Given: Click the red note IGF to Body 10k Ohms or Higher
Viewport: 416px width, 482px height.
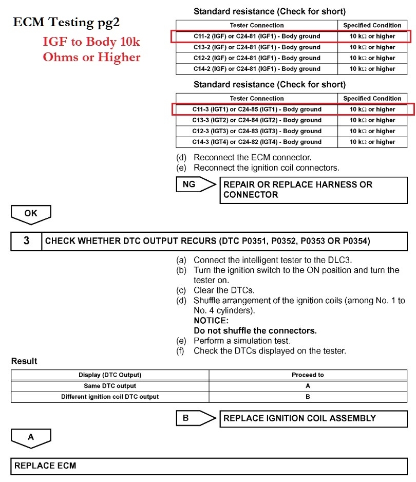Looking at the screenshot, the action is [x=91, y=50].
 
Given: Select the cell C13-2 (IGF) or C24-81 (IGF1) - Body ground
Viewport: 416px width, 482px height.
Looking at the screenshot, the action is [x=256, y=47].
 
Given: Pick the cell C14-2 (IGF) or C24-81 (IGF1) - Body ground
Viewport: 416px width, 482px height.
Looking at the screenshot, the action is [x=256, y=69].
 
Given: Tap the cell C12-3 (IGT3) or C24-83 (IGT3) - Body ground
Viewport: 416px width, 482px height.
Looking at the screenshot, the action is [x=256, y=131].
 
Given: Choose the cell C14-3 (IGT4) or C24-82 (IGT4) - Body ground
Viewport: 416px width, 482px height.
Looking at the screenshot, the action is [x=256, y=142].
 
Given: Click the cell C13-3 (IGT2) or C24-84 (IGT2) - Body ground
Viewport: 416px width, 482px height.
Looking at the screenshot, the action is [x=256, y=120].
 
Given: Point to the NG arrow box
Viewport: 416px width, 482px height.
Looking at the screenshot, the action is [x=195, y=184].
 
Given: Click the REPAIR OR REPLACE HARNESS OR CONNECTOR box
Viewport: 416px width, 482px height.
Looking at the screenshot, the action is [x=313, y=190].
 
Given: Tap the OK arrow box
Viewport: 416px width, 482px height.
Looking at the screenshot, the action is [x=31, y=214].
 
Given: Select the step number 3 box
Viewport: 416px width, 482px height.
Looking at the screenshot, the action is [x=26, y=240].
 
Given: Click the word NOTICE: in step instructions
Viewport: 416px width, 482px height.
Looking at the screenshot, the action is [x=211, y=321].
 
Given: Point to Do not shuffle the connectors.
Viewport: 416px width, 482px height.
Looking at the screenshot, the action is [x=255, y=330].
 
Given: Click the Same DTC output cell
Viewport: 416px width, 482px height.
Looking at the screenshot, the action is [x=110, y=386].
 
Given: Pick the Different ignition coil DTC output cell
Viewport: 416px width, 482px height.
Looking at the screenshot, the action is [x=110, y=397].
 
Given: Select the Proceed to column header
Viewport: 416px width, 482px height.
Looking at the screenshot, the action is [x=308, y=375].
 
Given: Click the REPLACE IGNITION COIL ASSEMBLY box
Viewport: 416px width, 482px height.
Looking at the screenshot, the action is [x=313, y=418].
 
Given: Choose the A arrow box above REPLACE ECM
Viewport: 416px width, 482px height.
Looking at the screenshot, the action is [x=31, y=437].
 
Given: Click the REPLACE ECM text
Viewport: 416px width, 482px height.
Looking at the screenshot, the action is [x=45, y=466].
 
